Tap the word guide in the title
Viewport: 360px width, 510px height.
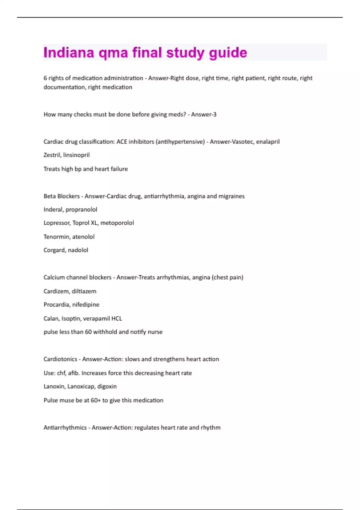(x=228, y=53)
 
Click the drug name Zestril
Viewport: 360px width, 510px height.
(x=51, y=155)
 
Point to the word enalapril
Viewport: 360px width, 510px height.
(x=268, y=142)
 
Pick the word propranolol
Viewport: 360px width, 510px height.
(x=81, y=210)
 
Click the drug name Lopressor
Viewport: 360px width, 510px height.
(x=56, y=223)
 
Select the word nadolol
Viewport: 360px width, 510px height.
(x=78, y=250)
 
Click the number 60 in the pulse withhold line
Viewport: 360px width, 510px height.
(x=88, y=332)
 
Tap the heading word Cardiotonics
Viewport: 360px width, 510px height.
(x=60, y=359)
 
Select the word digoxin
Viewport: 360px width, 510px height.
(x=107, y=386)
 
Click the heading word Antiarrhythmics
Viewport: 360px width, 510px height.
(x=65, y=427)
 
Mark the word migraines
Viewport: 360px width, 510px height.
(x=231, y=196)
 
